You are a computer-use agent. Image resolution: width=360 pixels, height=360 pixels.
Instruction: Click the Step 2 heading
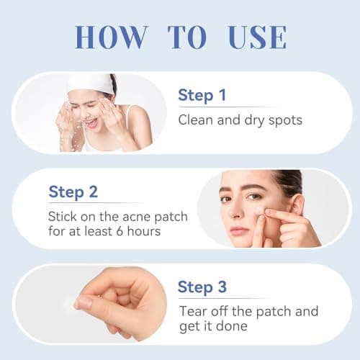tap(73, 192)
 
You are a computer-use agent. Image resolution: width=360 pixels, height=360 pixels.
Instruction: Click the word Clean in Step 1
tap(194, 120)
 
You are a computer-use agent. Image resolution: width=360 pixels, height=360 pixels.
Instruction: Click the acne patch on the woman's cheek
tap(260, 211)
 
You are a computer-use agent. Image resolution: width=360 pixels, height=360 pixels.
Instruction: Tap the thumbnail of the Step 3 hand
tap(86, 303)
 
